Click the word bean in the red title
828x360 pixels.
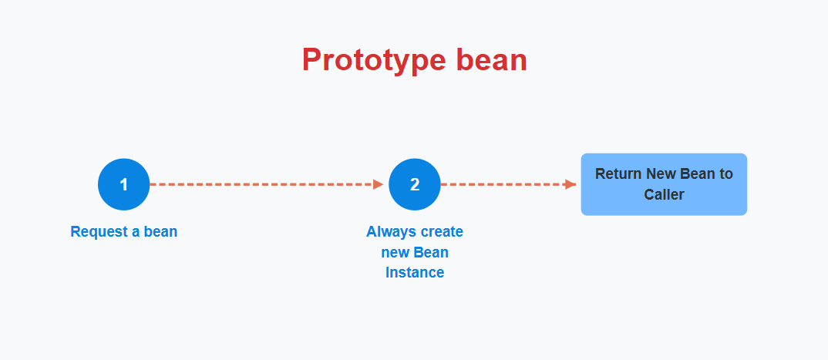coord(492,59)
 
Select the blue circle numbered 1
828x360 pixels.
coord(123,184)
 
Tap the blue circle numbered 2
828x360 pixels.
coord(415,184)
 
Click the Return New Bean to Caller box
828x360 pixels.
coord(664,184)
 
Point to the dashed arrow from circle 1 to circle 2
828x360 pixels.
coord(267,184)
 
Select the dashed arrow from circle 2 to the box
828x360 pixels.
coord(508,184)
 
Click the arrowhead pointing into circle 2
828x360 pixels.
coord(379,184)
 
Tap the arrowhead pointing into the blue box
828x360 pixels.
coord(571,184)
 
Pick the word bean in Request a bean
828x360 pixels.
coord(160,231)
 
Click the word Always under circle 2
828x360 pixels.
coord(389,232)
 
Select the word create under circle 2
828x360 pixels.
coord(440,232)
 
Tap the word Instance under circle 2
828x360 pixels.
coord(415,272)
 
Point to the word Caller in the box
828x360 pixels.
coord(664,194)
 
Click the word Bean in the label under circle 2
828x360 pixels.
coord(431,252)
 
